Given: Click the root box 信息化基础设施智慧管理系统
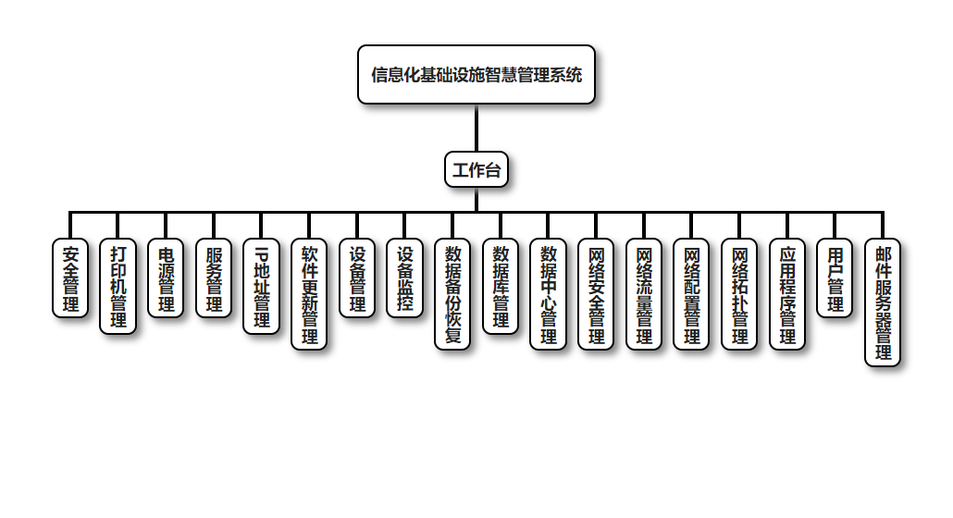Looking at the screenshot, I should [476, 75].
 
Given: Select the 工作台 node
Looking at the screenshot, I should [476, 169].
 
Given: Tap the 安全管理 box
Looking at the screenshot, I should [70, 278].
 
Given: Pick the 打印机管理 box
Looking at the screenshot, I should [118, 286].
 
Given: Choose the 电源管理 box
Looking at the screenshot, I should [167, 278].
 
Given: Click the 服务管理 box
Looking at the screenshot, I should [214, 278].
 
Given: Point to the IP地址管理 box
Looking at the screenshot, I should [262, 286].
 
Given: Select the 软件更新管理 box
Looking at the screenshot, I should [310, 294].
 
